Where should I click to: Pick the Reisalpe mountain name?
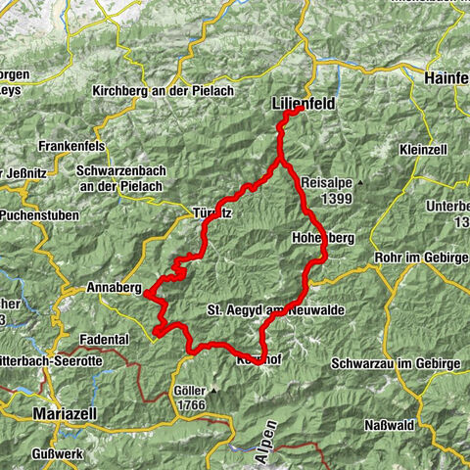(328, 183)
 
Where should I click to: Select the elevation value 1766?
(193, 404)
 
